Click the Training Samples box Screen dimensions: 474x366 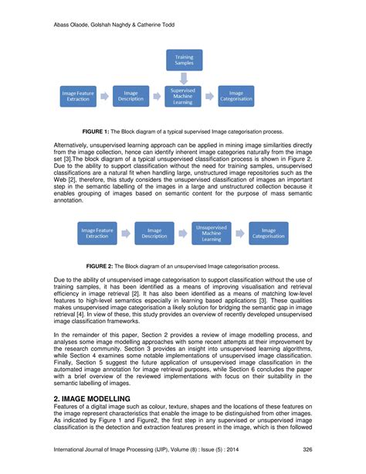pos(185,60)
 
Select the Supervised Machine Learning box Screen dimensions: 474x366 pos(185,94)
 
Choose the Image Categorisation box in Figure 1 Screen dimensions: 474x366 pos(236,95)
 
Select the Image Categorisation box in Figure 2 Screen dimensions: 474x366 pos(268,233)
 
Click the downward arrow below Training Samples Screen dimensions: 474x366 pos(185,77)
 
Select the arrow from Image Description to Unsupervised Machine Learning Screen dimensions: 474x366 pos(182,233)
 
